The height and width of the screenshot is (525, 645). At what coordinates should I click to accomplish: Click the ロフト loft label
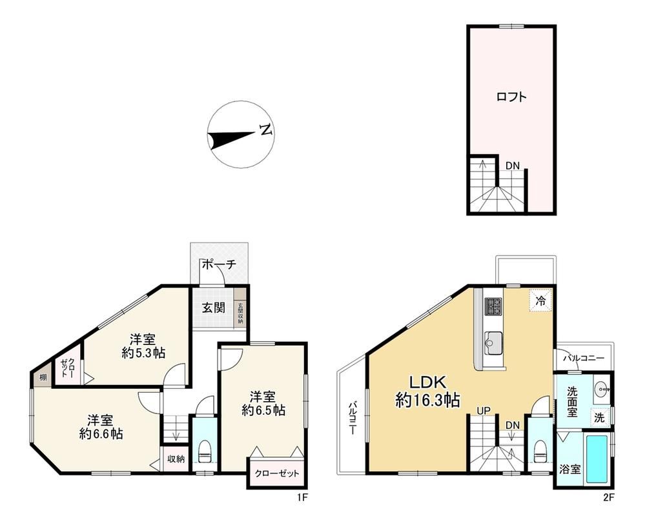coord(511,97)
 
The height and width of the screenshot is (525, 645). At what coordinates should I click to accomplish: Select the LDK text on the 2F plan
coord(427,382)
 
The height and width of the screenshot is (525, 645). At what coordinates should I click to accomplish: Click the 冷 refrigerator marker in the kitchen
coord(541,301)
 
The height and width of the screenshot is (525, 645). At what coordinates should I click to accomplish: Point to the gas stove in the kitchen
coord(494,306)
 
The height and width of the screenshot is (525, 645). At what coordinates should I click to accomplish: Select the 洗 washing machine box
coord(599,418)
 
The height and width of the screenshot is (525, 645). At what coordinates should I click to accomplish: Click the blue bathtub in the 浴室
coord(597,459)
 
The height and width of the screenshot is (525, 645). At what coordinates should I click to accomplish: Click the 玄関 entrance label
coord(214,308)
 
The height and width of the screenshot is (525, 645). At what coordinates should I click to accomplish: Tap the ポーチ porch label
coord(218,264)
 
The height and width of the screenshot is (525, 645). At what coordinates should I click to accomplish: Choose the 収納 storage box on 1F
coord(176,459)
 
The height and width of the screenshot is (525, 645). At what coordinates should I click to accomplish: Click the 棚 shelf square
coord(43,377)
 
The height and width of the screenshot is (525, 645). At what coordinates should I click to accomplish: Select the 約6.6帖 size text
coord(101,434)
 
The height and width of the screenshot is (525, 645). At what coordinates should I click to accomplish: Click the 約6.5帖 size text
coord(263,410)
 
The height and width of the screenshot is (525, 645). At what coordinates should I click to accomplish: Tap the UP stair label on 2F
coord(484,410)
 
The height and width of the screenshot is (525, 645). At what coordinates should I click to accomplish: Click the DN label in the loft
coord(513,166)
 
